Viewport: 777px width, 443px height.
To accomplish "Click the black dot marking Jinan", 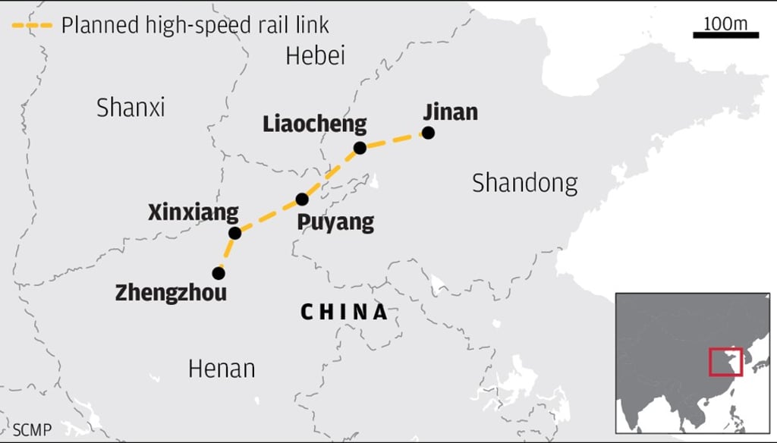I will (x=428, y=133).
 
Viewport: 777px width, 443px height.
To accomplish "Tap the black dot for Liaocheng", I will (x=360, y=148).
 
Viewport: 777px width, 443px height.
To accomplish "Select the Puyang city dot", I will (x=302, y=200).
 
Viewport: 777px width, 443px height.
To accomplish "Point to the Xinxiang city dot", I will (x=234, y=233).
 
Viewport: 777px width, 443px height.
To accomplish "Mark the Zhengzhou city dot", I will (x=219, y=272).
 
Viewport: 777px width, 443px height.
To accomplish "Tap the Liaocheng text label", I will (x=314, y=124).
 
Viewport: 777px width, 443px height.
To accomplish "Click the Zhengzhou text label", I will (x=171, y=293).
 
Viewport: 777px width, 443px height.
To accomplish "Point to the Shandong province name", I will (x=524, y=183).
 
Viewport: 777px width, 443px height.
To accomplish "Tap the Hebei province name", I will (x=315, y=55).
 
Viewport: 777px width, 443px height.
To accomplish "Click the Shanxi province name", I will (x=131, y=108).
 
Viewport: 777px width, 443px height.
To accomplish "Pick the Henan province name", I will (x=221, y=369).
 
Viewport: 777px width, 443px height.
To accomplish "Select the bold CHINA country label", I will (x=344, y=312).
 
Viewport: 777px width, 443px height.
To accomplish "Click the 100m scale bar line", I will (x=725, y=35).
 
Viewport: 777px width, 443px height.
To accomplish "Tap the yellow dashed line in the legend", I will (x=31, y=25).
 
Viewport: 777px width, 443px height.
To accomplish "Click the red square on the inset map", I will (x=725, y=362).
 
